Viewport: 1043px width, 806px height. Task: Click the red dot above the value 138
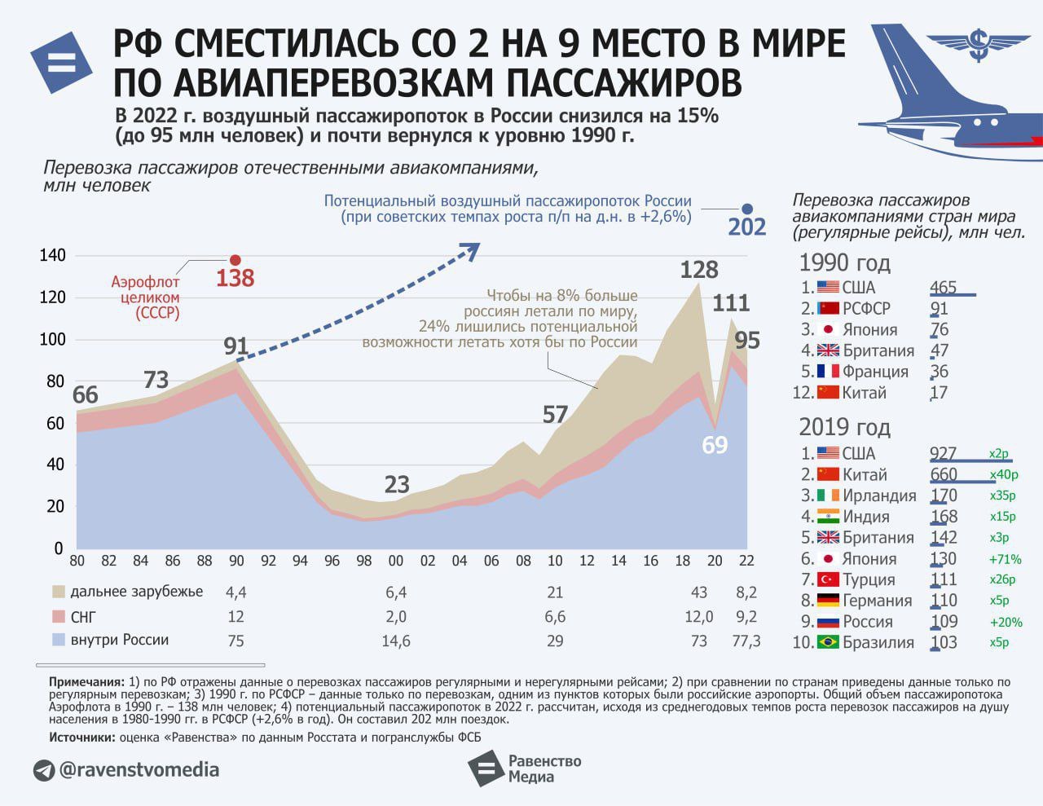coord(235,260)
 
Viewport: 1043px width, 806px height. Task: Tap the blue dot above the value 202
coord(747,209)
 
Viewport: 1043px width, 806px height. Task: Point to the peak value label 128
coord(698,270)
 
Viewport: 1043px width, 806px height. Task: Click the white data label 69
coord(715,445)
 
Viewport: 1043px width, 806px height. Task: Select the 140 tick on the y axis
coord(52,255)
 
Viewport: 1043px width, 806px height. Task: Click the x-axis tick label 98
coord(363,561)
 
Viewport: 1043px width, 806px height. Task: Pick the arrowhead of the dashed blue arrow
coord(470,251)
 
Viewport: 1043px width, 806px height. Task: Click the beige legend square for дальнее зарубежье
coord(58,592)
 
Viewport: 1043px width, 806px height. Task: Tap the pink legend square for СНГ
coord(58,616)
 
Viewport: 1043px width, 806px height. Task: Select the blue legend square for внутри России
coord(58,640)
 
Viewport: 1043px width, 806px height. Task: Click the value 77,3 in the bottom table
coord(746,641)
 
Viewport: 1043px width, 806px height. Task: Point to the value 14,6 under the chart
coord(396,641)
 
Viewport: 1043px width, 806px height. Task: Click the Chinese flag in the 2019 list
coord(828,474)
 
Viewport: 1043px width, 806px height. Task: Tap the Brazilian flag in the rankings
coord(828,642)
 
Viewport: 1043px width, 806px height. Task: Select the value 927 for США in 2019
coord(944,453)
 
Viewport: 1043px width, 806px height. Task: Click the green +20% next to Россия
coord(1006,622)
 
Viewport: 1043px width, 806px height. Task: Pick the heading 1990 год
coord(844,263)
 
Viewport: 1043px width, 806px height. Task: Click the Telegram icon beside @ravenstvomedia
coord(44,770)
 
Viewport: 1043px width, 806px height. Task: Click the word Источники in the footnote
coord(81,737)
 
